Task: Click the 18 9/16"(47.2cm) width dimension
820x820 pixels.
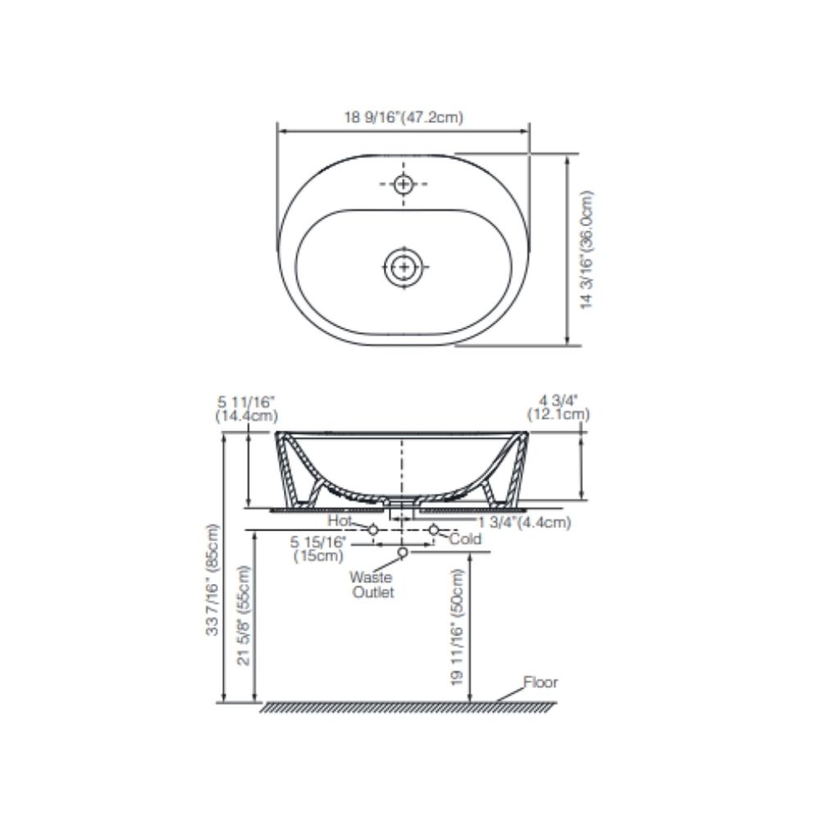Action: (403, 117)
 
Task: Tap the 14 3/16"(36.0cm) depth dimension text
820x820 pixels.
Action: (587, 250)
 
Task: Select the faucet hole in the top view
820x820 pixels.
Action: (403, 184)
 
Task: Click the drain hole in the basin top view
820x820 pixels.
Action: (403, 266)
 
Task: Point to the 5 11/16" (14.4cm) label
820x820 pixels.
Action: (247, 408)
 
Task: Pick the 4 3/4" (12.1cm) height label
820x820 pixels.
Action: (559, 408)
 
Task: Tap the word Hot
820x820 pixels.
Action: (339, 521)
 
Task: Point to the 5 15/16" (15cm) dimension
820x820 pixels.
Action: (319, 549)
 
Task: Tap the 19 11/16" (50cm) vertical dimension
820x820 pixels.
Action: (457, 626)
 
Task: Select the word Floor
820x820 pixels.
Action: (540, 682)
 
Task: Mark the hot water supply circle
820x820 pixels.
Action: (373, 531)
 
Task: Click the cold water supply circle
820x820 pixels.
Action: (433, 531)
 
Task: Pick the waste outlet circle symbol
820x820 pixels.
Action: (403, 553)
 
